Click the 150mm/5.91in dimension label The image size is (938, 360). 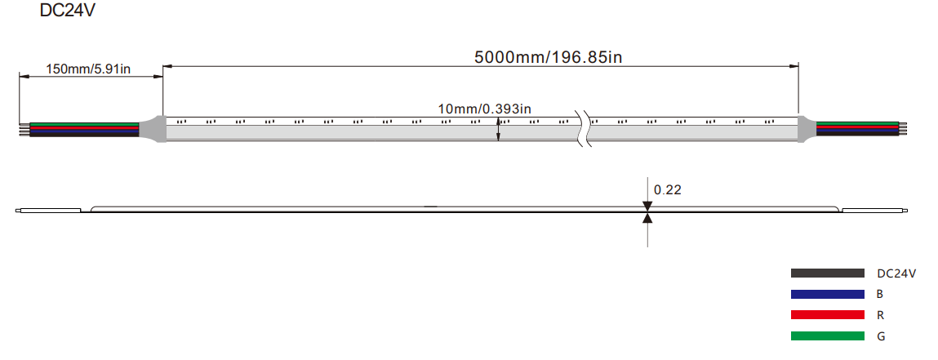click(88, 69)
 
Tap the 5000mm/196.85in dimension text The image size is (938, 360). click(549, 57)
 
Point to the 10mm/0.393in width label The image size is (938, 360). click(485, 109)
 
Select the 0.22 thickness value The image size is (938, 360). click(668, 190)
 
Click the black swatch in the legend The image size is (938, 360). click(827, 273)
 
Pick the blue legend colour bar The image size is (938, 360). click(827, 294)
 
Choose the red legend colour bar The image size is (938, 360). click(827, 314)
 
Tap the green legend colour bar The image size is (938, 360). click(827, 336)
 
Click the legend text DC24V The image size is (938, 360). click(896, 274)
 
